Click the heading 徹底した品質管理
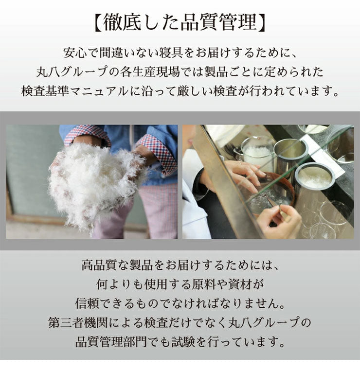180,22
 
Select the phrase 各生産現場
146,71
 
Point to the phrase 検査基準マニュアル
78,91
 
